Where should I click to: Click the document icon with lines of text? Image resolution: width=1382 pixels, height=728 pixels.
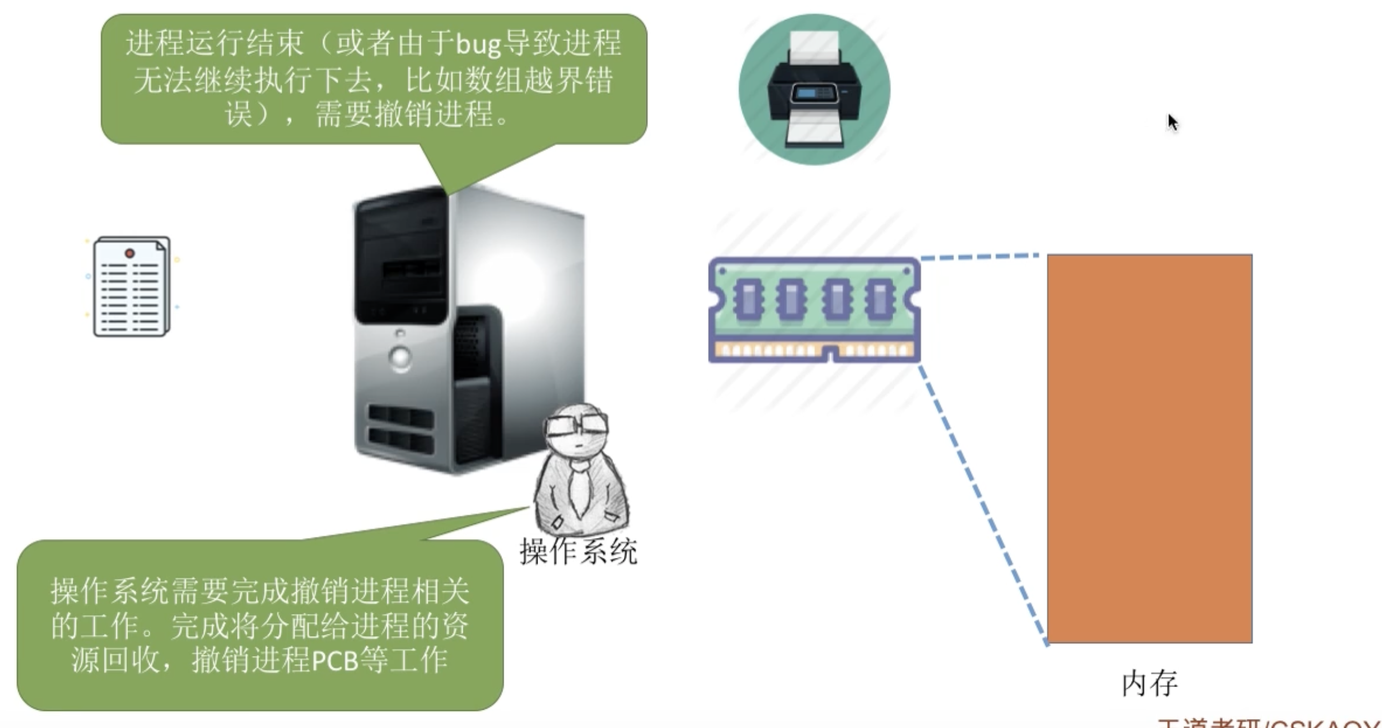[132, 286]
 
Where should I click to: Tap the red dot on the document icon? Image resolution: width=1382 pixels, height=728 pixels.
[130, 253]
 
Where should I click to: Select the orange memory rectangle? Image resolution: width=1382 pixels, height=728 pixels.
[1149, 448]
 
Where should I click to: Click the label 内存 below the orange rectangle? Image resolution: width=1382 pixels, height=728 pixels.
[1149, 684]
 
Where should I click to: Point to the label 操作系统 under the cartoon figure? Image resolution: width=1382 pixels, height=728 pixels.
[578, 551]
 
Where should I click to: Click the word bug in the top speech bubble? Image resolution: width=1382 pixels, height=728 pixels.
[478, 44]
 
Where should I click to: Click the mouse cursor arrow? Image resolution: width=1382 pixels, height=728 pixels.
[1171, 121]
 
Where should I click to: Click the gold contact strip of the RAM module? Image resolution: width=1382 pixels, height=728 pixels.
[813, 350]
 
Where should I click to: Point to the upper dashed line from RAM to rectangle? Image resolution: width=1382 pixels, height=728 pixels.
[980, 257]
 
